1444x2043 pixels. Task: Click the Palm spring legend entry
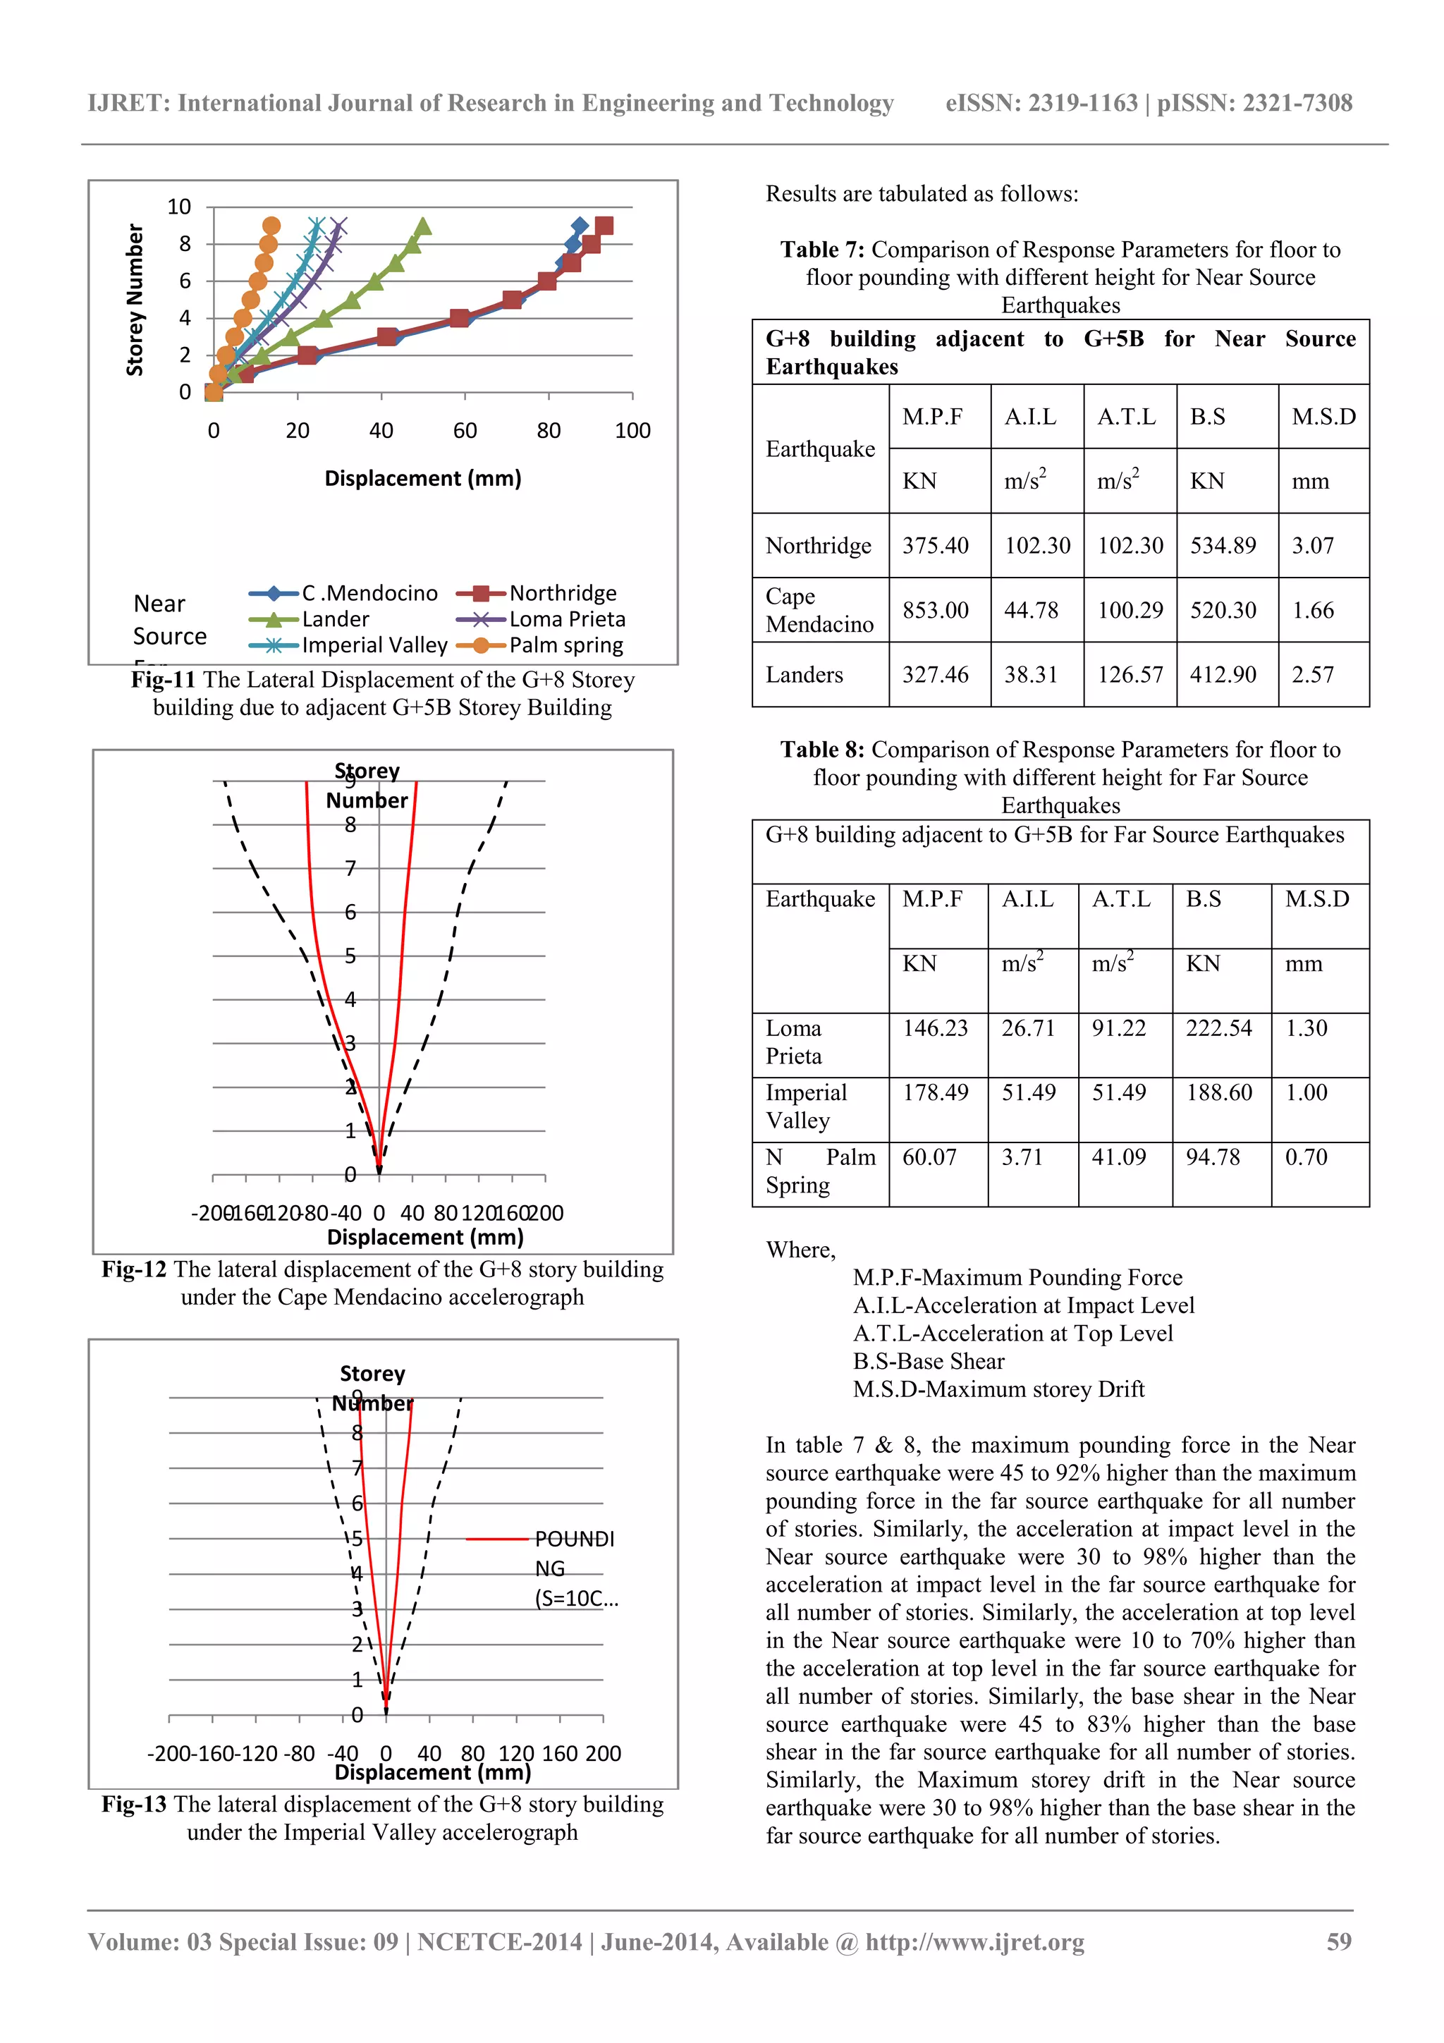tap(566, 645)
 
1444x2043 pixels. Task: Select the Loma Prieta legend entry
tap(567, 619)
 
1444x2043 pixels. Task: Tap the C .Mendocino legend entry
tap(369, 594)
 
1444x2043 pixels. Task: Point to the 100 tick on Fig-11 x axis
tap(632, 431)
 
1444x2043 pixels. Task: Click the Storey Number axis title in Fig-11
tap(135, 300)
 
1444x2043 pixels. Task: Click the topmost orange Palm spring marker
tap(271, 226)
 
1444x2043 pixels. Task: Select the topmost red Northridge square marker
tap(604, 226)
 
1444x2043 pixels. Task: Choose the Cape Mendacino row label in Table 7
tap(819, 611)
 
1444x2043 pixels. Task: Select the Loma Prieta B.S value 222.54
tap(1218, 1029)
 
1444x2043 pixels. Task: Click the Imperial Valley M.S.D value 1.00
tap(1305, 1092)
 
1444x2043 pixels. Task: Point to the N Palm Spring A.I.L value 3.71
tap(1022, 1158)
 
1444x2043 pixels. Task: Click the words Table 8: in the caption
tap(821, 750)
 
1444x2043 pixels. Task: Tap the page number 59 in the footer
tap(1338, 1941)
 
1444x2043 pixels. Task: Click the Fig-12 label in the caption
tap(133, 1270)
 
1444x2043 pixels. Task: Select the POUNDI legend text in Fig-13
tap(574, 1539)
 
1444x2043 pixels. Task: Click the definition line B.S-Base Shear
tap(928, 1361)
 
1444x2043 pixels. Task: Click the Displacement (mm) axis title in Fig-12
tap(425, 1238)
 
